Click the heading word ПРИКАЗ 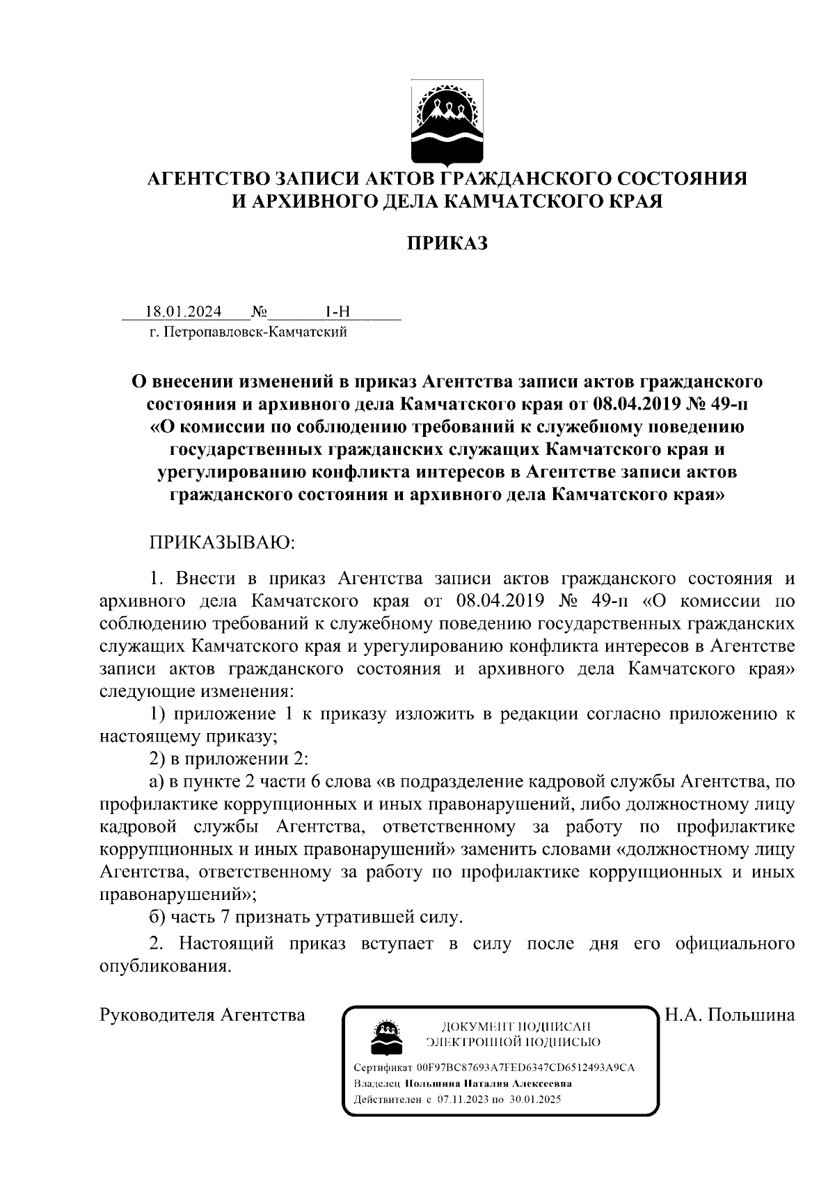click(447, 243)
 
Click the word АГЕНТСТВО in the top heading click(206, 179)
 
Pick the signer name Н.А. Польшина click(730, 1014)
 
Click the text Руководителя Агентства click(202, 1014)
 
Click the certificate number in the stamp click(525, 1067)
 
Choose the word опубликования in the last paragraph click(164, 967)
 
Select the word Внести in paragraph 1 click(207, 579)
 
